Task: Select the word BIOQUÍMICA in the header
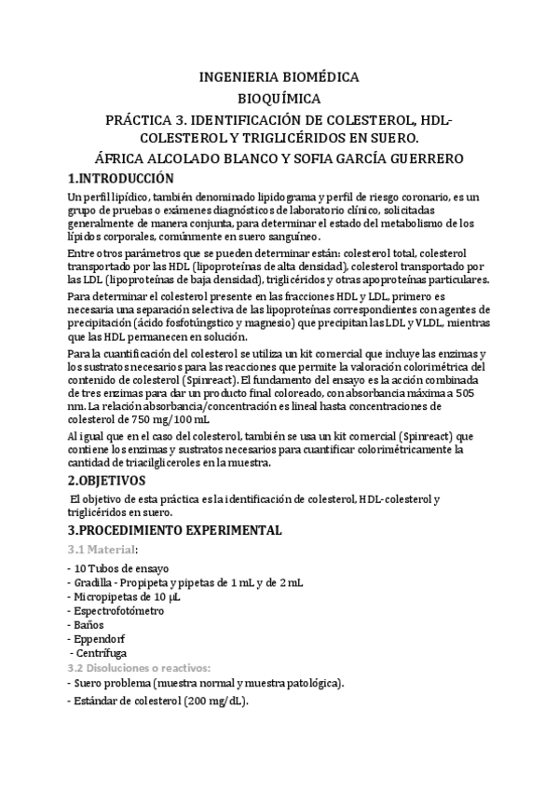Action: [279, 98]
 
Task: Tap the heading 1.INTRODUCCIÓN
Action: [122, 178]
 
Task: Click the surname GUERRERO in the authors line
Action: [446, 158]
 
